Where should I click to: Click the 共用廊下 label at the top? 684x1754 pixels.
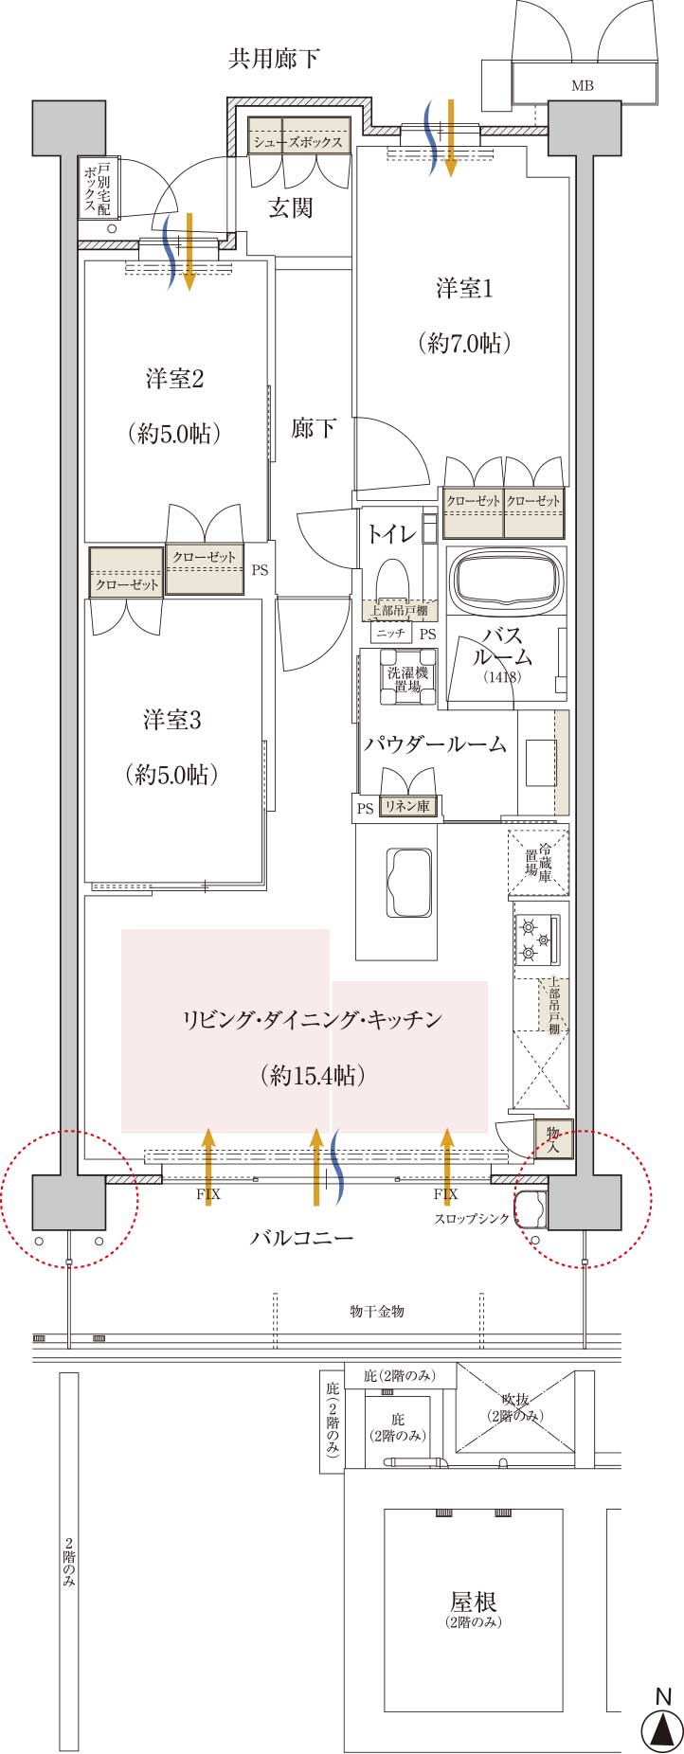click(x=274, y=60)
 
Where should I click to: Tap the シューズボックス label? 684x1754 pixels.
click(x=297, y=142)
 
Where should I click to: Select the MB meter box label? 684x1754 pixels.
click(x=583, y=86)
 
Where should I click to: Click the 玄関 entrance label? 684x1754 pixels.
click(x=290, y=207)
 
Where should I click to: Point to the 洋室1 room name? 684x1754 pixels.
click(x=464, y=289)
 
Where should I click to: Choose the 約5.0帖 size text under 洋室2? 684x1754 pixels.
click(x=173, y=434)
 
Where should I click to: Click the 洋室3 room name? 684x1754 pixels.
click(x=172, y=720)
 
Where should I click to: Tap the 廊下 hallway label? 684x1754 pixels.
click(x=314, y=428)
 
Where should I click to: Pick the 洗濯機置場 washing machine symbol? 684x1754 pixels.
click(x=408, y=678)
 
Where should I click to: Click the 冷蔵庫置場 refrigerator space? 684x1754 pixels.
click(x=539, y=862)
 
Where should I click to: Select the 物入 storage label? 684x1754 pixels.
click(x=553, y=1137)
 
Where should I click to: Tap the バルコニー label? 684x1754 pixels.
click(x=302, y=1238)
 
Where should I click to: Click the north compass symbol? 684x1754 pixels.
click(x=662, y=1728)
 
